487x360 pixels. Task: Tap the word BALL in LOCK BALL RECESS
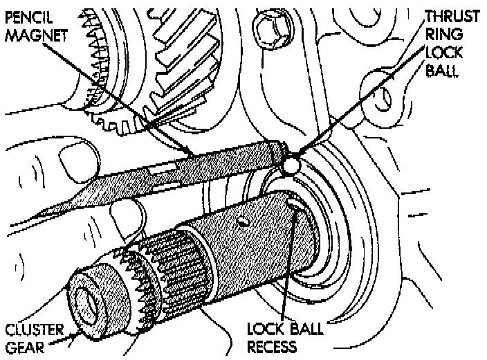pyautogui.click(x=302, y=327)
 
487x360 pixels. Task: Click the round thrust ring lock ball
pyautogui.click(x=292, y=165)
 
